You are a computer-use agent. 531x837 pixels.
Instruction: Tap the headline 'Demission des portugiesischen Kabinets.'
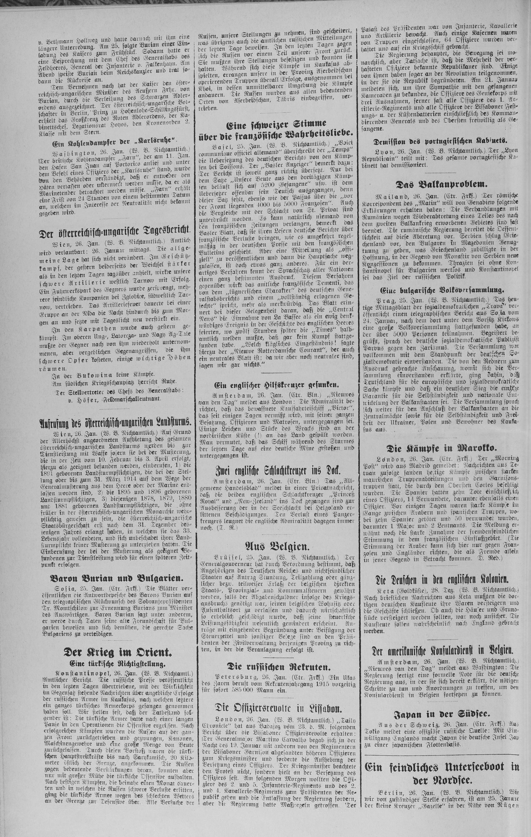(x=440, y=141)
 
